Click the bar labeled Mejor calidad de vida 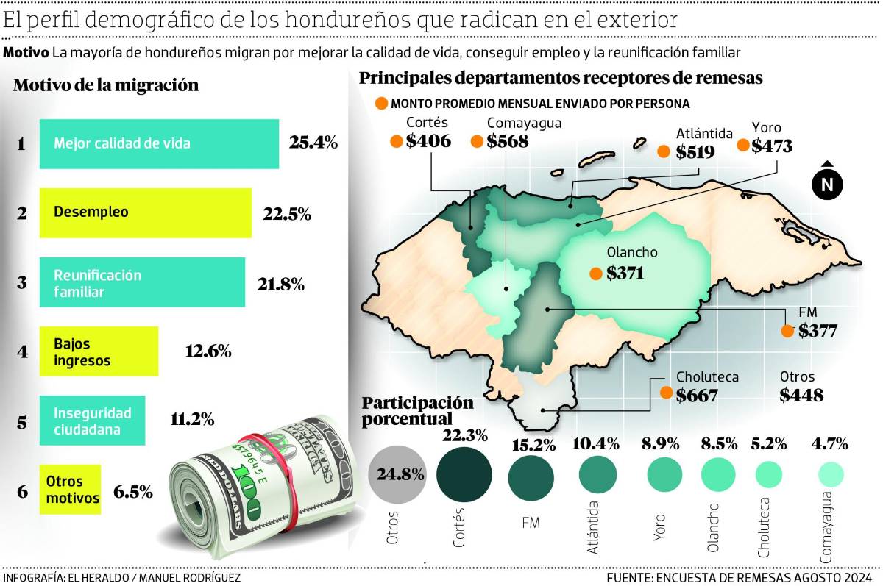click(x=159, y=144)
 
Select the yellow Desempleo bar click(x=146, y=212)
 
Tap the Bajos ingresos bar click(x=99, y=351)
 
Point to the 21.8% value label click(x=280, y=284)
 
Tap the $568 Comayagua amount click(x=507, y=142)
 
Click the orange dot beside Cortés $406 click(x=397, y=142)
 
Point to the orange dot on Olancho click(x=595, y=274)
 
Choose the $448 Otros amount click(x=801, y=395)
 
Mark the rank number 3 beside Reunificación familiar click(x=22, y=282)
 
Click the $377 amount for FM click(x=818, y=331)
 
